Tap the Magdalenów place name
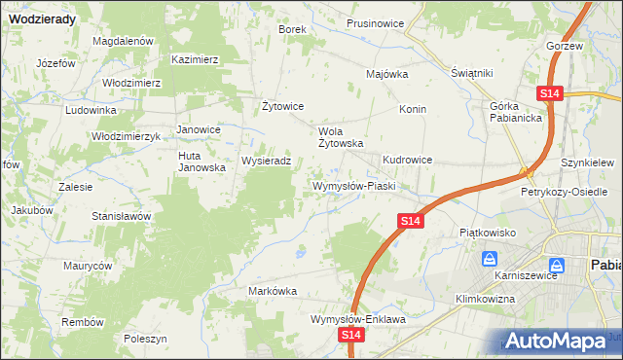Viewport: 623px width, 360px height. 124,41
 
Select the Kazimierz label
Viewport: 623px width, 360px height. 195,58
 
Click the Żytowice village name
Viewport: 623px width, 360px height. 284,106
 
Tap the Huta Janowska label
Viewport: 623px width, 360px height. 202,161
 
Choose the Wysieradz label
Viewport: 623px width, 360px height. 266,161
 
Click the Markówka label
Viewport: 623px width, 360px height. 272,291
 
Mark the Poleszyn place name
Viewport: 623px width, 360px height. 146,338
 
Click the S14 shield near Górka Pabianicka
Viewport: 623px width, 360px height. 549,92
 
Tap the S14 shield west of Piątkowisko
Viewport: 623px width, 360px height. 410,222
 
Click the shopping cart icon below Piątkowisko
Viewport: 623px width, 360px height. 490,261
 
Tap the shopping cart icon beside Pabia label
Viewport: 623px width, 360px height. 556,265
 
